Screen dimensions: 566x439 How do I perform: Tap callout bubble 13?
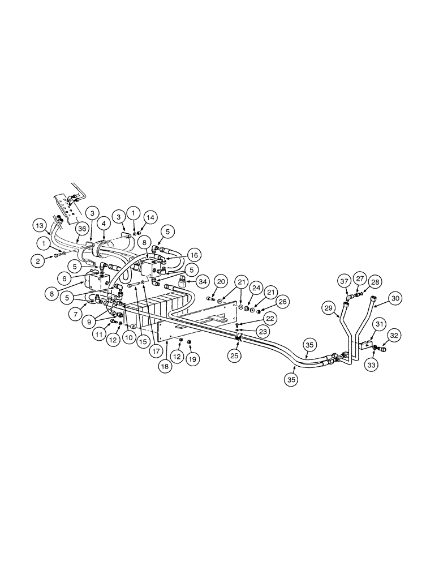[39, 225]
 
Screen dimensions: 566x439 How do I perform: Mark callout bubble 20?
[221, 281]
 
